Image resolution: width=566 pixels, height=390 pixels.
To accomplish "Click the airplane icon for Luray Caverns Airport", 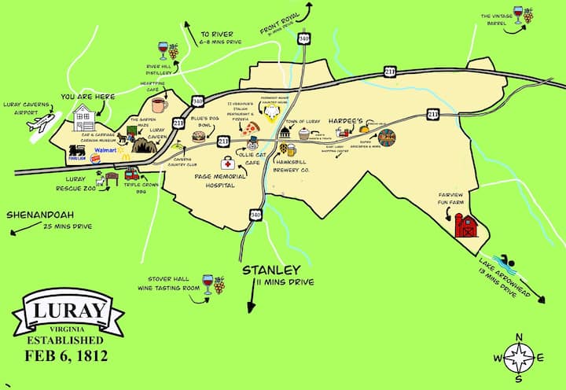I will click(x=39, y=123).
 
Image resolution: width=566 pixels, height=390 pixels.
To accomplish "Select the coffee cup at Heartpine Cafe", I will click(x=160, y=105).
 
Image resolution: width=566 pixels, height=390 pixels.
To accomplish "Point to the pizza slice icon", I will click(x=250, y=127).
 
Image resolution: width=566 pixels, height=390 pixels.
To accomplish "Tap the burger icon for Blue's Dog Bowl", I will click(x=198, y=136).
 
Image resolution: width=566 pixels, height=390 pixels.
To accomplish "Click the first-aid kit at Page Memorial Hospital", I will click(x=227, y=163).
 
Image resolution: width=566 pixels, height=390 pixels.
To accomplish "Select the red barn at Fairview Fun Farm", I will click(x=466, y=226).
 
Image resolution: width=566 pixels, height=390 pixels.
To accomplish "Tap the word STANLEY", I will click(x=272, y=270).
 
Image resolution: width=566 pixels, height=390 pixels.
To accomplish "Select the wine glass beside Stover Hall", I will click(x=208, y=281).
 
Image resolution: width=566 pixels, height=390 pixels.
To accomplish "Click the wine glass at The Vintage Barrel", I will click(x=518, y=15).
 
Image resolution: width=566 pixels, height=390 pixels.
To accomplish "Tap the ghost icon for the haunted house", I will click(x=273, y=112).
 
